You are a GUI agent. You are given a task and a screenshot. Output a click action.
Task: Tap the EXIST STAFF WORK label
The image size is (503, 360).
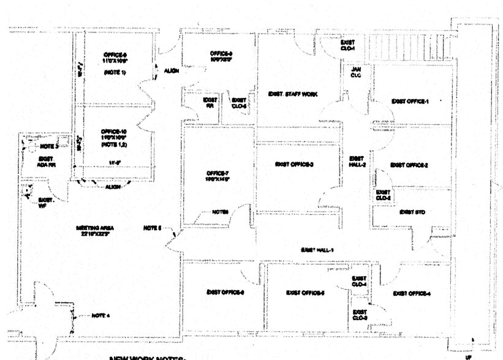293,94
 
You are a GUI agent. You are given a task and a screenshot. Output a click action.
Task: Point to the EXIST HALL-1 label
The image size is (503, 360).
316,250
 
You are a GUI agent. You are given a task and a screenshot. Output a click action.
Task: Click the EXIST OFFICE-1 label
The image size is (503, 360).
410,101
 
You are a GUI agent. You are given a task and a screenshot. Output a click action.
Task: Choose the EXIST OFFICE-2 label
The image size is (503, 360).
409,165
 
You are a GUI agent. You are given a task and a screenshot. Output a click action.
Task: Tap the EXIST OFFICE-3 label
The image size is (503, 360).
294,164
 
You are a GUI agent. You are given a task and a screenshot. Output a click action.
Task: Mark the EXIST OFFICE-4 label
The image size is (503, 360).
411,294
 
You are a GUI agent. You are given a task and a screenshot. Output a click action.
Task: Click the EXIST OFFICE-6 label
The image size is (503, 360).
225,292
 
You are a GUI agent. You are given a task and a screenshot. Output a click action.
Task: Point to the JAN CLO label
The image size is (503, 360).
356,72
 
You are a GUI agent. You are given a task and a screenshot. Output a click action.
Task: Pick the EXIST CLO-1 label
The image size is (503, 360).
348,45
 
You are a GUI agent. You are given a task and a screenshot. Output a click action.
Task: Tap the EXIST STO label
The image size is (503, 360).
412,212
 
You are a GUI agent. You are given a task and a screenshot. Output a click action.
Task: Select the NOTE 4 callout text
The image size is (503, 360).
100,315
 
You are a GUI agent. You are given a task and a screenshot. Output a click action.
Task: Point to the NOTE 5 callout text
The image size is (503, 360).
151,228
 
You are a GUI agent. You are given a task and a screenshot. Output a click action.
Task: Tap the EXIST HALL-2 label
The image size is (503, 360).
357,161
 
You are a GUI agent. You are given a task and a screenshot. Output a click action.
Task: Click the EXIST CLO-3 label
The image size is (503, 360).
360,315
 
